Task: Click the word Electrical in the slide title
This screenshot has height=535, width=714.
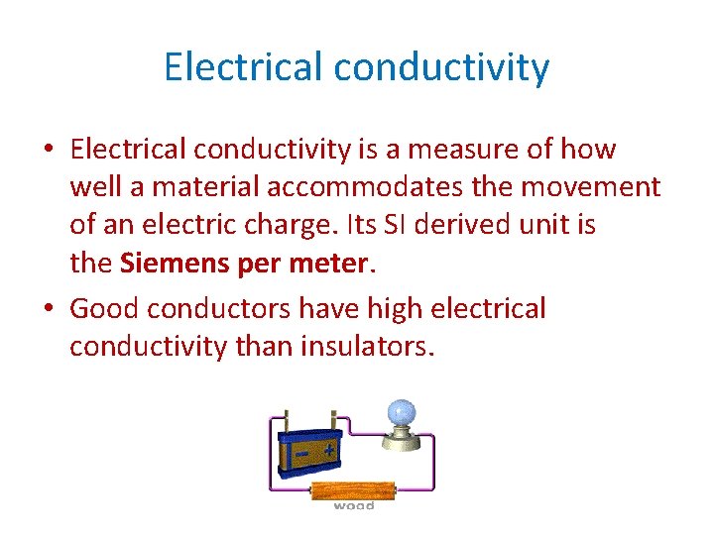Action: (x=243, y=67)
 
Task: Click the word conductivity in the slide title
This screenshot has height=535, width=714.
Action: (x=441, y=67)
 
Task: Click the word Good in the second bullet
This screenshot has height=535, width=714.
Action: (x=104, y=309)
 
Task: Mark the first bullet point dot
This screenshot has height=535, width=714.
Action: (x=48, y=151)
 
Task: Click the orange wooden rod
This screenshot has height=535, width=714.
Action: (x=354, y=489)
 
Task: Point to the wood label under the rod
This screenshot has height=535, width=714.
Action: (x=354, y=506)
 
